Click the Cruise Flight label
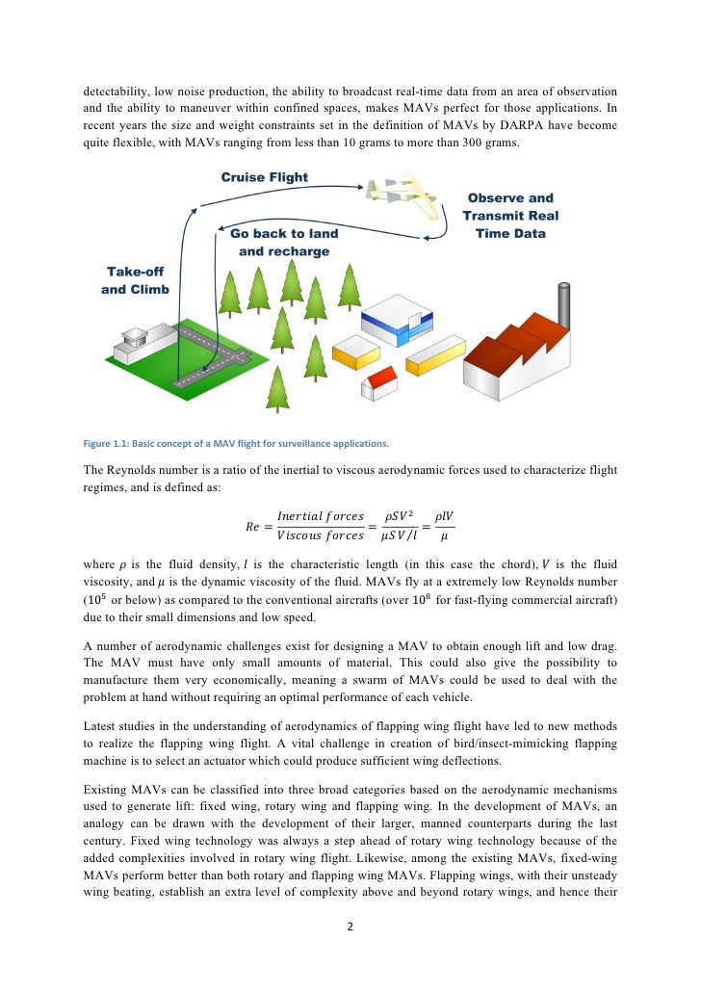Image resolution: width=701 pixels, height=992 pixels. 265,177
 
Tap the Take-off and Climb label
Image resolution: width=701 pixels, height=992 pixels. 135,281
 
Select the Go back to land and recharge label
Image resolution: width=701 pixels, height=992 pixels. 284,243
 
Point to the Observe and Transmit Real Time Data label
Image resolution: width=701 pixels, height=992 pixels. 510,216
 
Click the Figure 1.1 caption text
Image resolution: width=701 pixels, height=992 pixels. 236,444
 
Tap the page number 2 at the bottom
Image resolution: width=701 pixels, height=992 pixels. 350,927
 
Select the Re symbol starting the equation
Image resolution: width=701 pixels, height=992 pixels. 252,526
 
